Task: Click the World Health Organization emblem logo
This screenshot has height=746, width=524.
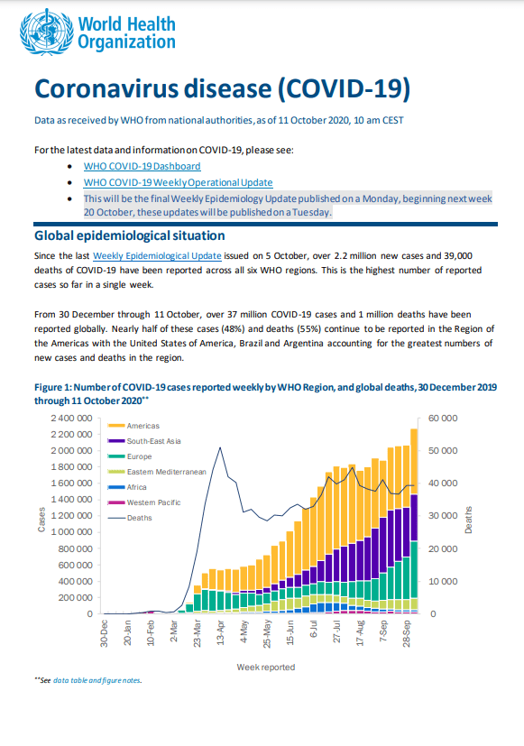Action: [x=47, y=32]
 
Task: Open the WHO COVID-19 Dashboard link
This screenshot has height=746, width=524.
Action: [x=142, y=166]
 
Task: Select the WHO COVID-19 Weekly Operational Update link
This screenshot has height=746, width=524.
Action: [x=179, y=182]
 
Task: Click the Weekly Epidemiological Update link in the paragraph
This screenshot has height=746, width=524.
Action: [x=157, y=255]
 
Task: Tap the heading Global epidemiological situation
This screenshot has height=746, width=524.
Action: [x=129, y=235]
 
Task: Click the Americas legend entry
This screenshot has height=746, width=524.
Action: [x=133, y=426]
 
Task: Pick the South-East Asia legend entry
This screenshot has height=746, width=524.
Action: [x=144, y=441]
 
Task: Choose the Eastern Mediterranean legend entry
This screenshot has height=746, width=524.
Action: [x=158, y=472]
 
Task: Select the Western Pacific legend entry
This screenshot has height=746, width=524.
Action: [x=144, y=502]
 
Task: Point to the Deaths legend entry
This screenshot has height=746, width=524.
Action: [x=130, y=518]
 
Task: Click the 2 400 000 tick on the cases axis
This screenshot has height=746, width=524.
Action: [x=71, y=419]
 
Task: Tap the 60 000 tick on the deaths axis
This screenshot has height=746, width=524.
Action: [x=443, y=419]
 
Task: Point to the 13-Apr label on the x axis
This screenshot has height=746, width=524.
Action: [x=221, y=632]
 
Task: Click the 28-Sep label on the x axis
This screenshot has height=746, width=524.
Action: [x=407, y=632]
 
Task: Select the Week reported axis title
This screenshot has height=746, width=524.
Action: [x=266, y=667]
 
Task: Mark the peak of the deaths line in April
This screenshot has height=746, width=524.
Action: [x=220, y=447]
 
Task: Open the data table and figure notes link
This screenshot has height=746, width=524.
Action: [x=97, y=680]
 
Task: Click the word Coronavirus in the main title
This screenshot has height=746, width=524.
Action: [x=106, y=88]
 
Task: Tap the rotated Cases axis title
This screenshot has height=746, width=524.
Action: [x=41, y=520]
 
